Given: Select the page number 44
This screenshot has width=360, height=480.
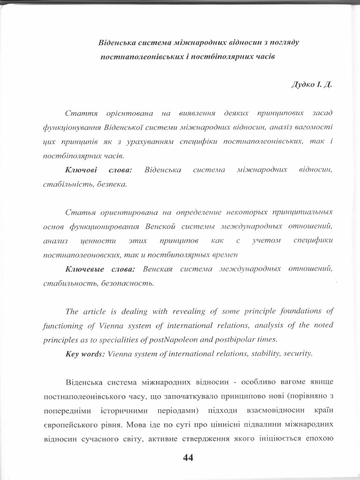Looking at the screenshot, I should (x=188, y=458).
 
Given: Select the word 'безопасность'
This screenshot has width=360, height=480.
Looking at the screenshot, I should (x=126, y=283).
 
